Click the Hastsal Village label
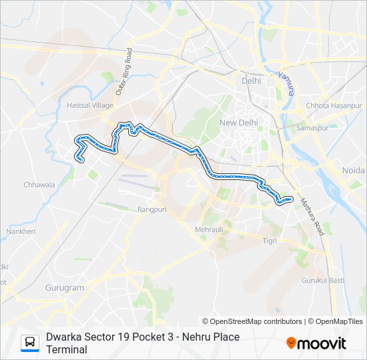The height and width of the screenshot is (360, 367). click(x=90, y=105)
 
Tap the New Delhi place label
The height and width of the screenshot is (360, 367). click(x=238, y=123)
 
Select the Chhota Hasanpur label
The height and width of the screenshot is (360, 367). click(x=334, y=105)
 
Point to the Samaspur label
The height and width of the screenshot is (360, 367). click(x=313, y=127)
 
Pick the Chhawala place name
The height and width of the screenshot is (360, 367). click(x=39, y=185)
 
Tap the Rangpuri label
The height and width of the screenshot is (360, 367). click(x=151, y=209)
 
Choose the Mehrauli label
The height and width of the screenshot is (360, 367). click(x=210, y=229)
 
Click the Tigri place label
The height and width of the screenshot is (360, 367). click(x=270, y=240)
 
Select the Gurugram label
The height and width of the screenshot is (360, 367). click(x=65, y=288)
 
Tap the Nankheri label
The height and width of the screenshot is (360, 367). click(x=15, y=232)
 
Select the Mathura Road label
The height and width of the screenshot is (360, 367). click(x=312, y=216)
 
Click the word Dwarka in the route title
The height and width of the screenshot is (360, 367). click(x=64, y=337)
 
